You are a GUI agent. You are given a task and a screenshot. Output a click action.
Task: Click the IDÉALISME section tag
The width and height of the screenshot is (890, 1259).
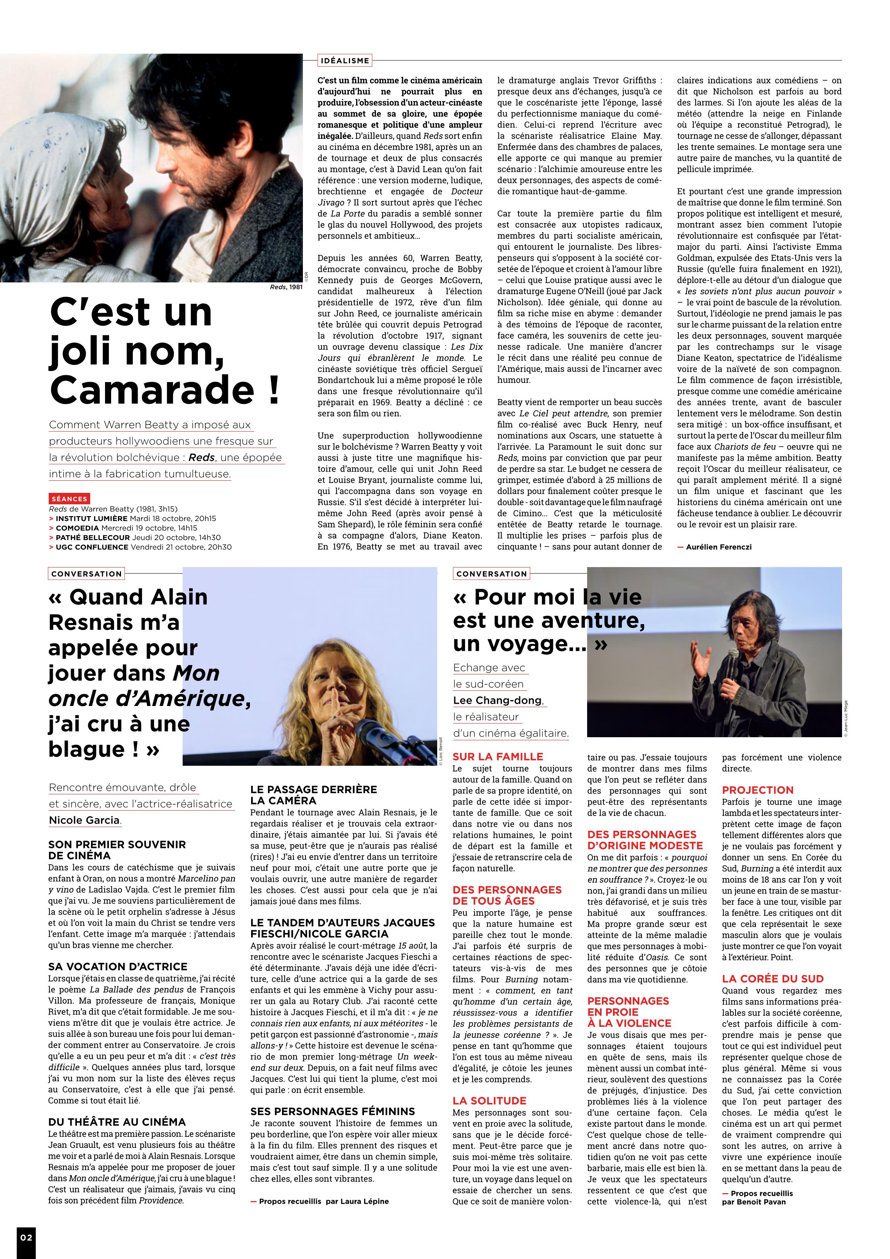(x=344, y=60)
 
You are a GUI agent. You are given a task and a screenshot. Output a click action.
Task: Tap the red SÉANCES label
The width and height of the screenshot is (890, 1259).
(x=70, y=499)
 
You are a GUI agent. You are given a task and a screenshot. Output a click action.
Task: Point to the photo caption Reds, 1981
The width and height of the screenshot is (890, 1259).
(x=286, y=287)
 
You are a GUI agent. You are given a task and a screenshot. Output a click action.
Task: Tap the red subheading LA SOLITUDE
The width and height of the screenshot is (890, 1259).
(x=489, y=1101)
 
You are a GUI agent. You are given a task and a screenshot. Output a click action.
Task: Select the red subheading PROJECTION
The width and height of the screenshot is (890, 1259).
(x=757, y=790)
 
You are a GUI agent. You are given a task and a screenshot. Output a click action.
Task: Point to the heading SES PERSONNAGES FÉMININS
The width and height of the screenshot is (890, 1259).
(x=332, y=1111)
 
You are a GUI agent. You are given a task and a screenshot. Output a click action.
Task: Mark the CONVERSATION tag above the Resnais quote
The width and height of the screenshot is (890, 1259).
(x=86, y=574)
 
